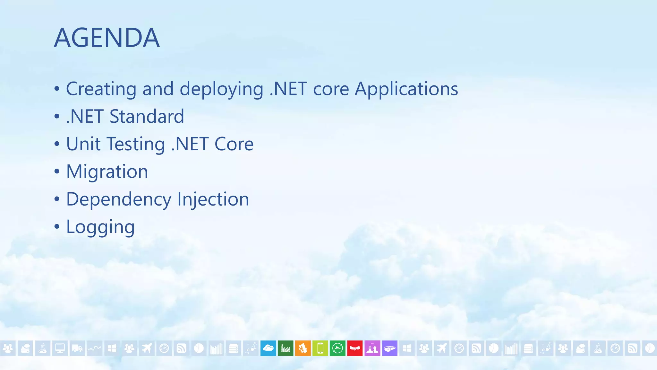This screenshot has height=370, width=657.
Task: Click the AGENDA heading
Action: pyautogui.click(x=107, y=38)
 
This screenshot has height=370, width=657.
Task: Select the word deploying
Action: pyautogui.click(x=221, y=89)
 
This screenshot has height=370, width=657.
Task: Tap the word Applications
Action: pyautogui.click(x=406, y=89)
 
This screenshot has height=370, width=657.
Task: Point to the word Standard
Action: pyautogui.click(x=147, y=116)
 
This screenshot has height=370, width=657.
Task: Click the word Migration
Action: pyautogui.click(x=107, y=172)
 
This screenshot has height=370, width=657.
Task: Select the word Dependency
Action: pyautogui.click(x=119, y=199)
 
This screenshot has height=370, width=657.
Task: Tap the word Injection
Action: pyautogui.click(x=213, y=199)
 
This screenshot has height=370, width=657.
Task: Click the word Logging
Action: pyautogui.click(x=100, y=227)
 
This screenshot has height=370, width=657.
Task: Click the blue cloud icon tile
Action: pyautogui.click(x=268, y=348)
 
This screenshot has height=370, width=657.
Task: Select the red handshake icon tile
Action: pyautogui.click(x=355, y=348)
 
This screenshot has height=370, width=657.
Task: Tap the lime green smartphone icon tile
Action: pyautogui.click(x=320, y=348)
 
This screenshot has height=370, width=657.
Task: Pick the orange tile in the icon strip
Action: pyautogui.click(x=303, y=348)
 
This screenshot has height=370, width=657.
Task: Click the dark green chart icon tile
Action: pyautogui.click(x=286, y=348)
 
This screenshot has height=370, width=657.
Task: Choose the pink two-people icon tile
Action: pyautogui.click(x=372, y=348)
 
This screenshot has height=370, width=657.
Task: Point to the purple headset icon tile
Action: pyautogui.click(x=389, y=348)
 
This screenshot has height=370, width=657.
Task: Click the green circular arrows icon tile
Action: pyautogui.click(x=337, y=348)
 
